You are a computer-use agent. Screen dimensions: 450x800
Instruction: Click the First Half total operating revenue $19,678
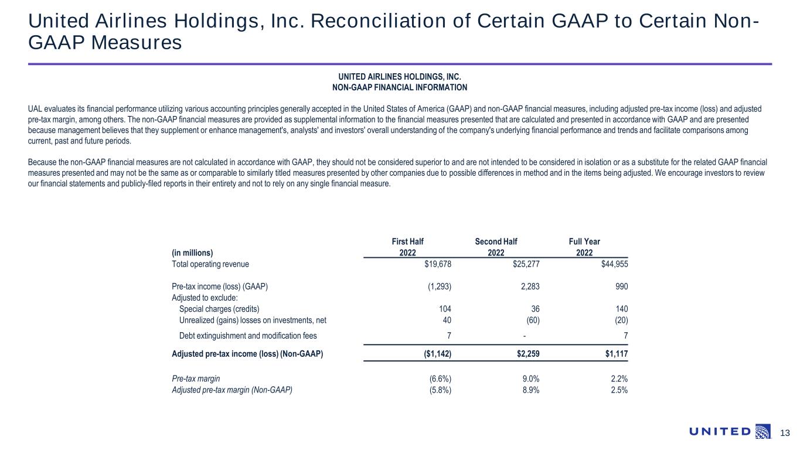[438, 264]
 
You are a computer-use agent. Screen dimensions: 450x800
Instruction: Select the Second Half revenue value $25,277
[526, 264]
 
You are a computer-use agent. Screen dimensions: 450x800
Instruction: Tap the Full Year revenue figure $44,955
[614, 264]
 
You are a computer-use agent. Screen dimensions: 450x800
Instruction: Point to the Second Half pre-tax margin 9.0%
[530, 379]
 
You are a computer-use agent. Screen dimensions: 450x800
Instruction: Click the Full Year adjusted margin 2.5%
[619, 390]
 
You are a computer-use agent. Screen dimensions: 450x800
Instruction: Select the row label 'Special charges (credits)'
[219, 309]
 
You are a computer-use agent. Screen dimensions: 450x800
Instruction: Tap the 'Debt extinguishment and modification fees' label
[247, 336]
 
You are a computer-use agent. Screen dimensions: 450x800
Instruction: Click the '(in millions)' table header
[192, 253]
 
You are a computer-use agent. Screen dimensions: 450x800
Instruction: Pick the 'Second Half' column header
[496, 241]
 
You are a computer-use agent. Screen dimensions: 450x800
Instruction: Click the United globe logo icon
[763, 431]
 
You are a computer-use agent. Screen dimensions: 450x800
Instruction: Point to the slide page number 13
[785, 433]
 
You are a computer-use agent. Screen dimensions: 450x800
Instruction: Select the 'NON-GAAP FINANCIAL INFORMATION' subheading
[400, 87]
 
